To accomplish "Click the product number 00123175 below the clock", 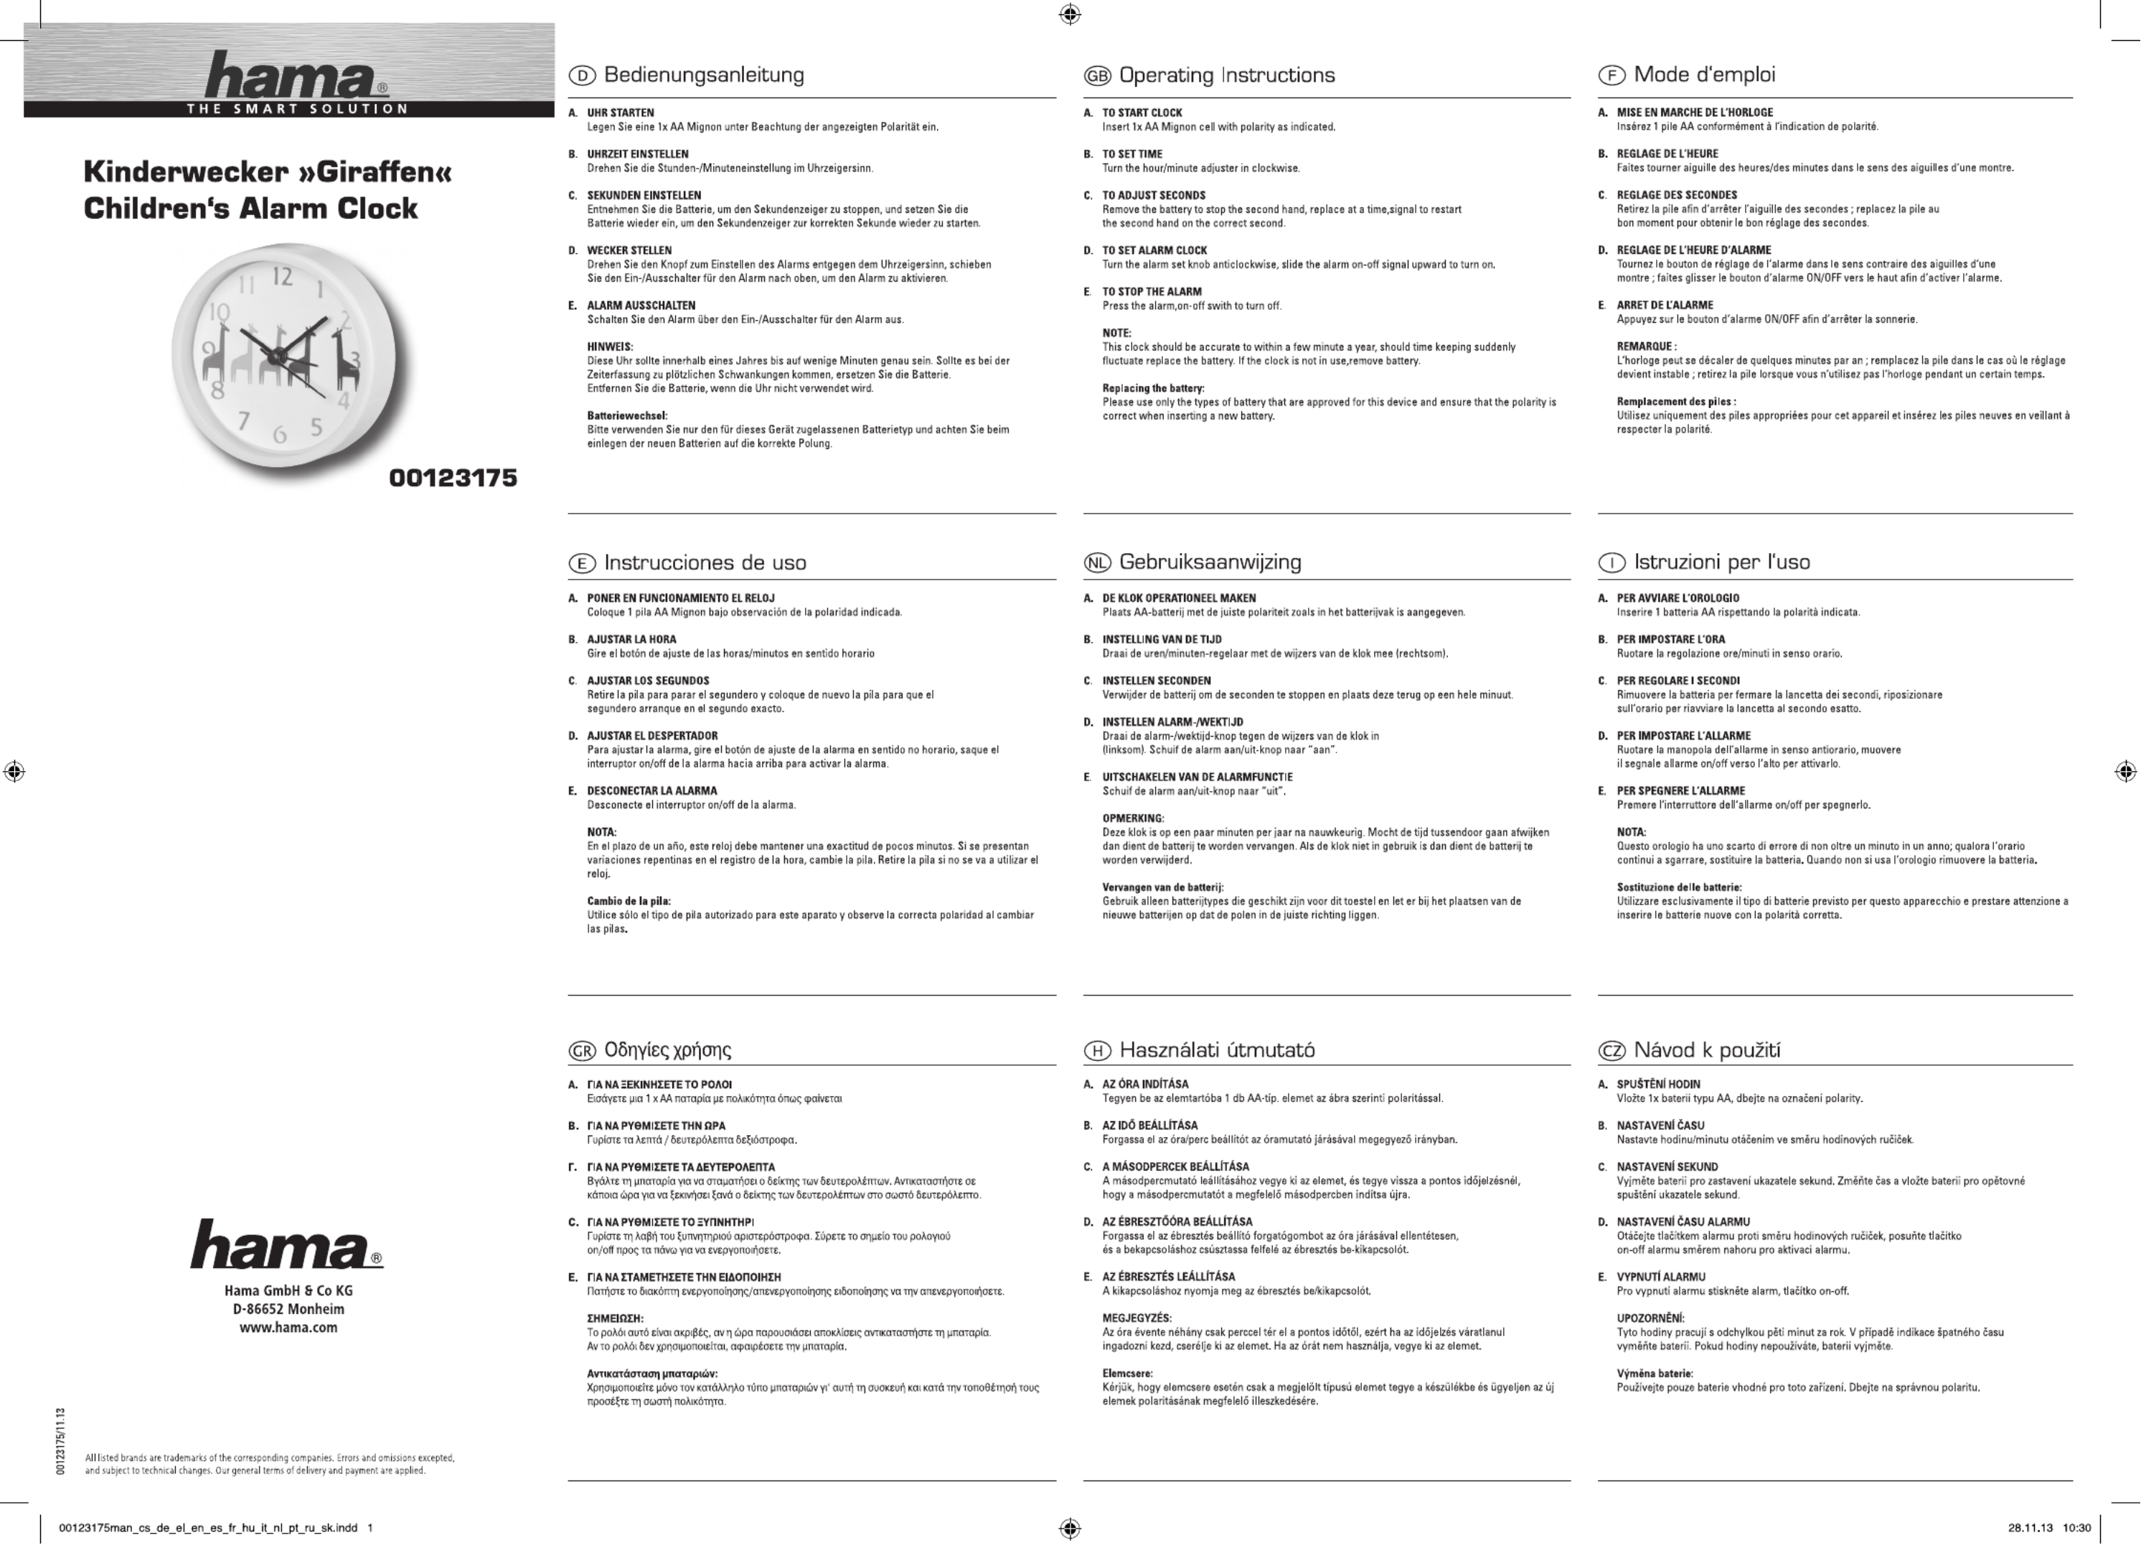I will click(453, 478).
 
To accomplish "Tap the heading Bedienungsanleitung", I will click(703, 75).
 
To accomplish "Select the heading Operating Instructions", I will click(1226, 75).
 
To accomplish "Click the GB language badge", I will click(1096, 77).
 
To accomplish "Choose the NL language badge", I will click(1096, 564).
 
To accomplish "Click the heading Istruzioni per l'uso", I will click(1722, 562).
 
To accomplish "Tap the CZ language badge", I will click(1611, 1051).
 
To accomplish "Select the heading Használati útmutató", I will click(1217, 1049).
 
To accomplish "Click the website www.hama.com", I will click(288, 1327).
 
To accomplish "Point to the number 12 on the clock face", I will click(282, 277).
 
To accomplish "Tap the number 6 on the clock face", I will click(279, 435).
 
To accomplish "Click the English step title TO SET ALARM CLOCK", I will click(1154, 250).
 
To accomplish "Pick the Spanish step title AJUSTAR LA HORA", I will click(631, 639).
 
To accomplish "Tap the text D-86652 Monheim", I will click(288, 1309).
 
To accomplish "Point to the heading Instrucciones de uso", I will click(705, 564).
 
